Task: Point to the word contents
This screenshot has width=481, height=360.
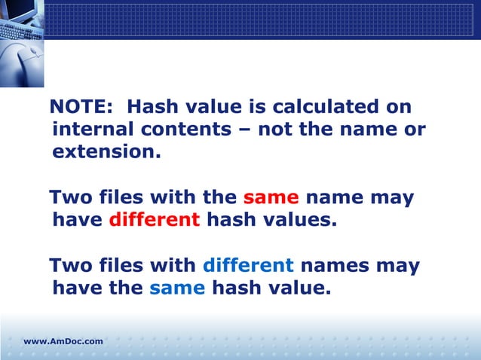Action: (x=191, y=130)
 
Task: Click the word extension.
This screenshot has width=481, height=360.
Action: (x=106, y=152)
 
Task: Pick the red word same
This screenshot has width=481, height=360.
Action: (x=271, y=198)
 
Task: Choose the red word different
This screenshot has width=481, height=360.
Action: (x=155, y=221)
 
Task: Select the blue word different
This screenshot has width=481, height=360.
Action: (x=248, y=266)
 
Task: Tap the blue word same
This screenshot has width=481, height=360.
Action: (x=177, y=288)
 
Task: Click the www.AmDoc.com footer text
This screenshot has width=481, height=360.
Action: (x=63, y=342)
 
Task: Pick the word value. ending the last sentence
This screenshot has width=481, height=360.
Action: (x=298, y=288)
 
